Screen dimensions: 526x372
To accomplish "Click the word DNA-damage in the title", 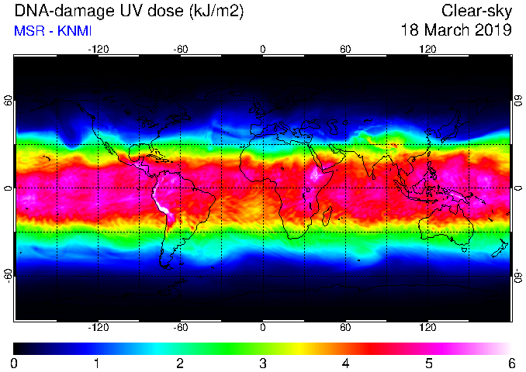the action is tap(64, 11).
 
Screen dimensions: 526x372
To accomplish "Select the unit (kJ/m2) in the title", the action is tap(216, 12).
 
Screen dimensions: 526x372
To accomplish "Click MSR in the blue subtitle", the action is tap(29, 31).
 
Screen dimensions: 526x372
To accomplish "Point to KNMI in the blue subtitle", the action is tap(74, 31).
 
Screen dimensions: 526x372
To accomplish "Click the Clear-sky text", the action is tap(476, 12).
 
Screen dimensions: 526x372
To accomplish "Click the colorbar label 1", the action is tap(97, 363).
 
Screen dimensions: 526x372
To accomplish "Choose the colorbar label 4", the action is tap(346, 363).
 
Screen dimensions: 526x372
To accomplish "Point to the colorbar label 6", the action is tap(512, 363).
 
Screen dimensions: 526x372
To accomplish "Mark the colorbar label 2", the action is tap(180, 363).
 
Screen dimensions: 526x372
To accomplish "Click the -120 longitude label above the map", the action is tap(99, 50).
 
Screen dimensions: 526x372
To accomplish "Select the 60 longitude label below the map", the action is tap(345, 327).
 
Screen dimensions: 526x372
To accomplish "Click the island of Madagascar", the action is tap(327, 216).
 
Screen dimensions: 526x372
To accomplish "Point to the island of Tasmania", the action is tap(465, 250).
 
